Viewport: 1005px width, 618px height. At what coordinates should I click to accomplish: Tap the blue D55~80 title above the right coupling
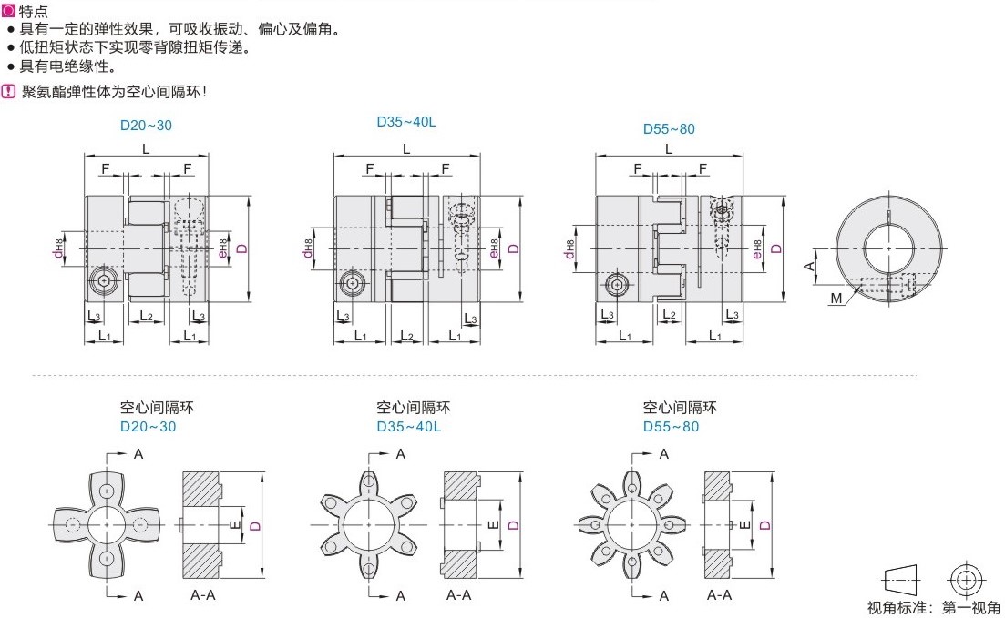tap(669, 128)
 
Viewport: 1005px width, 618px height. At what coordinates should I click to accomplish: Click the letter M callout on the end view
tap(836, 298)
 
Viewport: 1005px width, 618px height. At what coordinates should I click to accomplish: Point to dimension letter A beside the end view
tap(807, 265)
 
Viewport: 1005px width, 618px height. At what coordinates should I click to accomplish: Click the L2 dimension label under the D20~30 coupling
tap(146, 316)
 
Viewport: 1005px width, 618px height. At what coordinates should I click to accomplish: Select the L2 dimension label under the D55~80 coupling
tap(669, 313)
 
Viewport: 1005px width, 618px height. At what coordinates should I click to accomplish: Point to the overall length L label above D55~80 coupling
tap(669, 148)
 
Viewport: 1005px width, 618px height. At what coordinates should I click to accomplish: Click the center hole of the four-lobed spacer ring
tap(108, 524)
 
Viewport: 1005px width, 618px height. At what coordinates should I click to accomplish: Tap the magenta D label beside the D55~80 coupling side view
tap(775, 248)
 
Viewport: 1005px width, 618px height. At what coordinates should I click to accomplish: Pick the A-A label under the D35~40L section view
tap(458, 594)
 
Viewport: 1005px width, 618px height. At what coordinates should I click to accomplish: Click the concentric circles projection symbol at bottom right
tap(967, 579)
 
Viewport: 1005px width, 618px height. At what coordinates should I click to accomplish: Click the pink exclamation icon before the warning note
tap(8, 91)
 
